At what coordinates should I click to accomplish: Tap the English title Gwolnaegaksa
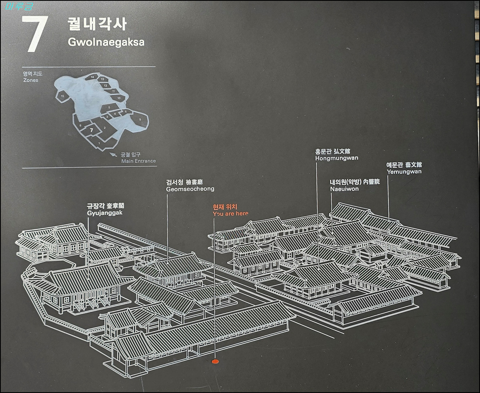pyautogui.click(x=106, y=42)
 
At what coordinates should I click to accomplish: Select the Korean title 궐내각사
pyautogui.click(x=97, y=24)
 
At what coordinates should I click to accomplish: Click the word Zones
pyautogui.click(x=31, y=80)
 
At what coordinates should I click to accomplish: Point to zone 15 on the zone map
pyautogui.click(x=62, y=96)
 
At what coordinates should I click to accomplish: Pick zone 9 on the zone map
pyautogui.click(x=140, y=120)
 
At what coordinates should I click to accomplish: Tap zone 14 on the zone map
pyautogui.click(x=92, y=77)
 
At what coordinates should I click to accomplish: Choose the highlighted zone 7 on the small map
pyautogui.click(x=92, y=130)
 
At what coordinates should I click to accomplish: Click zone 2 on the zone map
pyautogui.click(x=104, y=128)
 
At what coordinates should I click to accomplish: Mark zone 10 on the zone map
pyautogui.click(x=118, y=98)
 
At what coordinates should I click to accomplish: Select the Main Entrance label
pyautogui.click(x=138, y=161)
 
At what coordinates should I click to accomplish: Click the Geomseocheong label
pyautogui.click(x=190, y=189)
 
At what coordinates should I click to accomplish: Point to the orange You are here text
pyautogui.click(x=230, y=213)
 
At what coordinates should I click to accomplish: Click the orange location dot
pyautogui.click(x=215, y=361)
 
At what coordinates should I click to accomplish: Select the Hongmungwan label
pyautogui.click(x=336, y=158)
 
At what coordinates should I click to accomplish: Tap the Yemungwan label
pyautogui.click(x=404, y=172)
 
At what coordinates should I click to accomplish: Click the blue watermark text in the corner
pyautogui.click(x=18, y=6)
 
